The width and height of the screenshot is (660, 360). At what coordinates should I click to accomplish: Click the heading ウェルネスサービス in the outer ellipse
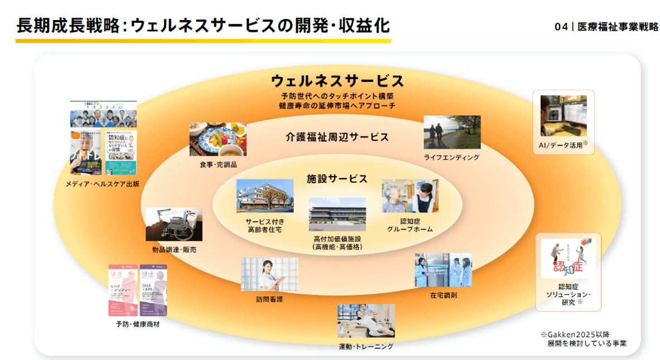pos(337,81)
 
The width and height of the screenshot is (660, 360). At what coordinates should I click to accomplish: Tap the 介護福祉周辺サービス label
pos(337,137)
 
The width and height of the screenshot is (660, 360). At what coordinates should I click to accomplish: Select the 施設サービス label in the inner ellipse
pos(337,179)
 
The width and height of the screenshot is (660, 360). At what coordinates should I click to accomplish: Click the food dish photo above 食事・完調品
pos(217,139)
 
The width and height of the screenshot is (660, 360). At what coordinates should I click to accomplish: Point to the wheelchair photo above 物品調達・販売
pos(173,225)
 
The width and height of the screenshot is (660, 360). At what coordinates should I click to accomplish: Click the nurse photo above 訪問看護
pos(269,274)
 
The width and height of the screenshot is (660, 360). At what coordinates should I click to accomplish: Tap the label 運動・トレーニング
pos(366,347)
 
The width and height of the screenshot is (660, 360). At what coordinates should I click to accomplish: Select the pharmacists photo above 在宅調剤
pos(443,270)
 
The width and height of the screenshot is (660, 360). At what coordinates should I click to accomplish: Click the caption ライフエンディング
pos(452,158)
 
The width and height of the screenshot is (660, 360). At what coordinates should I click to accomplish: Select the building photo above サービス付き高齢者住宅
pos(265,196)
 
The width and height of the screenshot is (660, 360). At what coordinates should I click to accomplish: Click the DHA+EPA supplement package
pos(153,290)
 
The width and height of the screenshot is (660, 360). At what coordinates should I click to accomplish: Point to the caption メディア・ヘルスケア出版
pos(103,183)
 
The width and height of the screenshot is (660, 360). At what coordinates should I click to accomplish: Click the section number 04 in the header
pos(561,27)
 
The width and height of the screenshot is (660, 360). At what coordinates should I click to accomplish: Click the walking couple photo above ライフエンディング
pos(452,132)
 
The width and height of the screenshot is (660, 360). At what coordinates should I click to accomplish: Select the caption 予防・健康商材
pos(138,324)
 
